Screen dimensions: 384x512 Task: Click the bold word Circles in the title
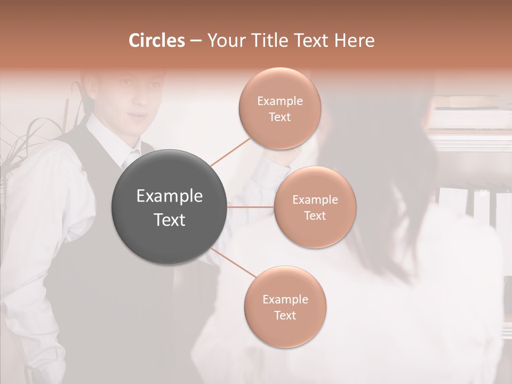point(156,41)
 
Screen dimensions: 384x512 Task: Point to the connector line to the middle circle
point(251,206)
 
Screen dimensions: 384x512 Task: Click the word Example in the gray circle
point(170,196)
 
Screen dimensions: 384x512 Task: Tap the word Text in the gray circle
point(170,220)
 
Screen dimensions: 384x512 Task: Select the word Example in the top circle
point(280,101)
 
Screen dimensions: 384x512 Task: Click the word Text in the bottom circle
point(285,315)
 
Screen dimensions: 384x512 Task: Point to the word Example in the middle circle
point(315,200)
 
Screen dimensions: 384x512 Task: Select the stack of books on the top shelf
point(469,101)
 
